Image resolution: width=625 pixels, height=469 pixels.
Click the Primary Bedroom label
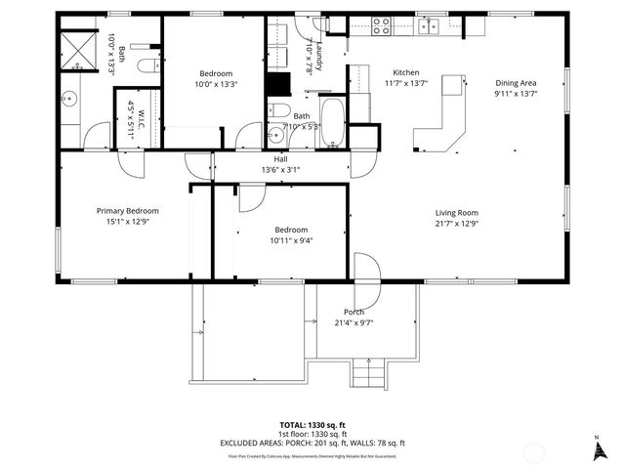point(127,210)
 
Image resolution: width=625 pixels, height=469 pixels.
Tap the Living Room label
point(456,211)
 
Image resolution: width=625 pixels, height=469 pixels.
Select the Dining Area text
point(516,83)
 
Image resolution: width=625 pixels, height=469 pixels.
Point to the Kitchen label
point(406,73)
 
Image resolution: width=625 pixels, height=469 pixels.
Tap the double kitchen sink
point(429,24)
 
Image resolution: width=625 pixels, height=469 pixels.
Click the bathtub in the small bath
point(332,121)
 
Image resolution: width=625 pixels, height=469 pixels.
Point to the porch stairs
point(369,373)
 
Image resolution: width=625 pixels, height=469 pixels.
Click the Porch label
point(354,312)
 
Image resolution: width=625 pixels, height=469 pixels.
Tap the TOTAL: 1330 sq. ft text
point(312,425)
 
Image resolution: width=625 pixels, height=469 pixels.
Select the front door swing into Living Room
point(365,266)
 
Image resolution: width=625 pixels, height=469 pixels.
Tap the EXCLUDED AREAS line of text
point(312,443)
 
